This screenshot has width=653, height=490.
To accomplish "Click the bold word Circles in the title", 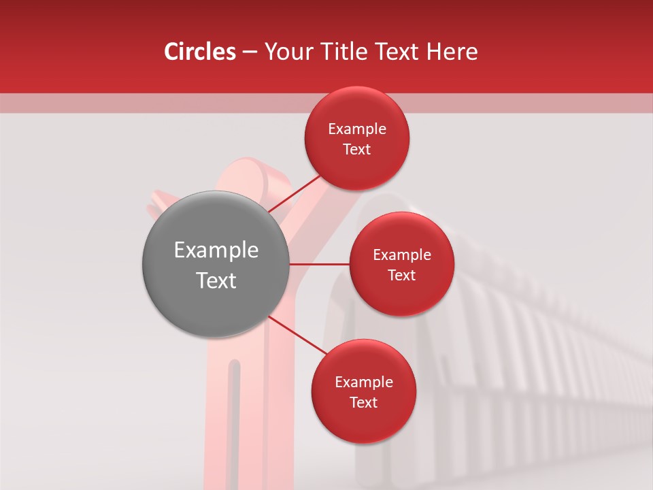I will pos(200,52).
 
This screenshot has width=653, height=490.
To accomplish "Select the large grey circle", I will pos(216,264).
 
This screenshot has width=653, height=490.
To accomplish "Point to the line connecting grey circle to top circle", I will pos(294,193).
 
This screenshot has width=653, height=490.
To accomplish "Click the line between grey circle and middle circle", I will pos(319,264).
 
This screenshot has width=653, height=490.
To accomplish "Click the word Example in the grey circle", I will pos(216,250).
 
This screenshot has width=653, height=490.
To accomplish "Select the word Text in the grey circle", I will pos(216,280).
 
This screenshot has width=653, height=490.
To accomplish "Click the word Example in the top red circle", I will pos(357,129).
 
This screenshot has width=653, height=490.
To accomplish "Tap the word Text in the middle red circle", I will pos(401,275).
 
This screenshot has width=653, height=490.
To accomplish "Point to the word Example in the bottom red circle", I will pos(363,382).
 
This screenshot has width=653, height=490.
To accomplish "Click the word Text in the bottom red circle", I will pos(363,402).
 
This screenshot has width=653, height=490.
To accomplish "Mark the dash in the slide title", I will pos(250,52).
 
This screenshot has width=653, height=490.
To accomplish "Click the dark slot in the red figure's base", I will pos(235,422).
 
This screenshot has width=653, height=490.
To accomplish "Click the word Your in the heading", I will pos(286,52).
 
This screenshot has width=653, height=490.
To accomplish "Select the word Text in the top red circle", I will pos(357,149).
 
